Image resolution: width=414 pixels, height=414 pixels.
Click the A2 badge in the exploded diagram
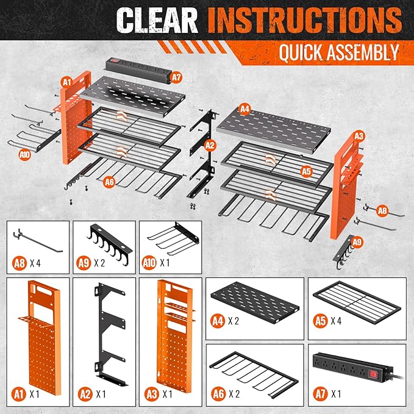click(x=210, y=145)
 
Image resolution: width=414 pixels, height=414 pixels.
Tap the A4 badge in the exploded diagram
click(x=244, y=109)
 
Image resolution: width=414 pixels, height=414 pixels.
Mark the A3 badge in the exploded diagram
click(x=359, y=135)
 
